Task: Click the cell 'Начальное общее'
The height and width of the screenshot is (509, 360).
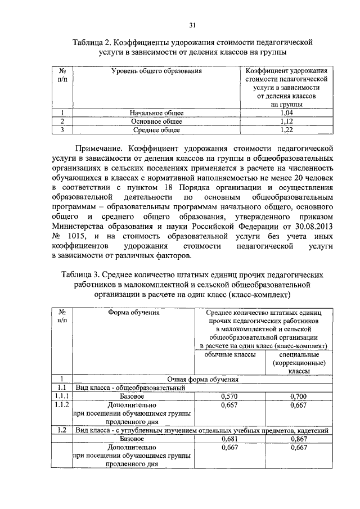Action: pyautogui.click(x=156, y=113)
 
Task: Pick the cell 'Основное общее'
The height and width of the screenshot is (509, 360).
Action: pyautogui.click(x=156, y=121)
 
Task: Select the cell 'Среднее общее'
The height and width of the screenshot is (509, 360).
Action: pyautogui.click(x=156, y=130)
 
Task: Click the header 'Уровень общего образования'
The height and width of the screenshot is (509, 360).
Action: pyautogui.click(x=156, y=71)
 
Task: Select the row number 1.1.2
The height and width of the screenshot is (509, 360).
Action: pyautogui.click(x=62, y=404)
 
